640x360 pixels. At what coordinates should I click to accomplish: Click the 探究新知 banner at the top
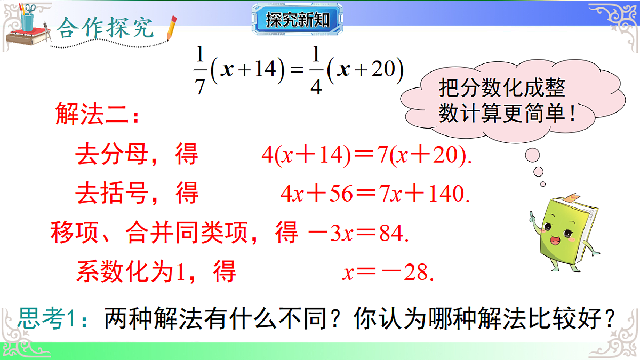point(297,20)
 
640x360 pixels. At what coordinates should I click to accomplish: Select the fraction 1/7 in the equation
point(200,70)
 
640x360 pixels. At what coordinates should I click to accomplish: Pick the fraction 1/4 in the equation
point(316,70)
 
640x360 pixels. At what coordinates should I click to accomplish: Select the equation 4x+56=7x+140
point(375,194)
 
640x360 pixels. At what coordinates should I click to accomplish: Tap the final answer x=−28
point(388,273)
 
